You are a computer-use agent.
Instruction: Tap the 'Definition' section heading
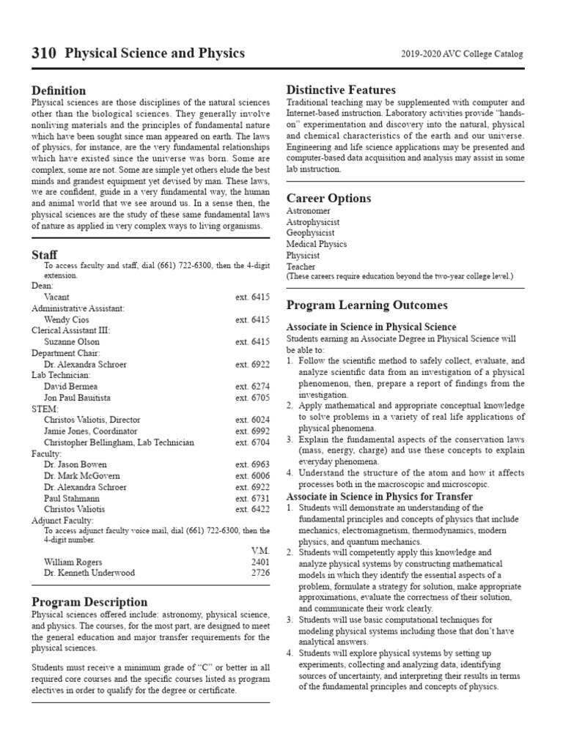58,90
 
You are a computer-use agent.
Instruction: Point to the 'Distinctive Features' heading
340,89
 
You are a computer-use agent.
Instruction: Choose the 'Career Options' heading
328,198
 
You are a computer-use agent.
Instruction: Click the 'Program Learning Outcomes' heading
367,305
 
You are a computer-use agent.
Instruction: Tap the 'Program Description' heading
89,601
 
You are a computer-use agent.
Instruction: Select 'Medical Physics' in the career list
316,244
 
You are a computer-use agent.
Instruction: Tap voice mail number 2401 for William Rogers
260,562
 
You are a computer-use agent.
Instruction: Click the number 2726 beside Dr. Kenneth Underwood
260,573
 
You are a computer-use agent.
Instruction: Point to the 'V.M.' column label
259,551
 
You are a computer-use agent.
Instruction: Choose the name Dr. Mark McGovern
81,475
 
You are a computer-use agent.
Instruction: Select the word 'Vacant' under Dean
56,297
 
